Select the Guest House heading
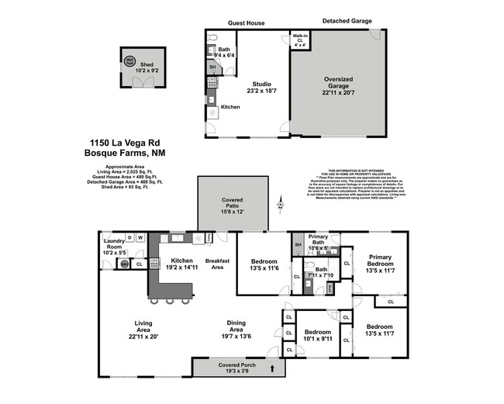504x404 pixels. pyautogui.click(x=246, y=23)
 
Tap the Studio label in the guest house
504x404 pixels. pyautogui.click(x=261, y=83)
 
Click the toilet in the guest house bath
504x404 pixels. pyautogui.click(x=212, y=37)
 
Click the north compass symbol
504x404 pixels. pyautogui.click(x=281, y=204)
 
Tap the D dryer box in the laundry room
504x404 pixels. pyautogui.click(x=129, y=237)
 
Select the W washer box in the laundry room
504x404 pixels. pyautogui.click(x=140, y=237)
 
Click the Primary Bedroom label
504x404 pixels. pyautogui.click(x=380, y=261)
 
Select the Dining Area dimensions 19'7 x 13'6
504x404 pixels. pyautogui.click(x=236, y=337)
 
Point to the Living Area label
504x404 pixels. pyautogui.click(x=143, y=326)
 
